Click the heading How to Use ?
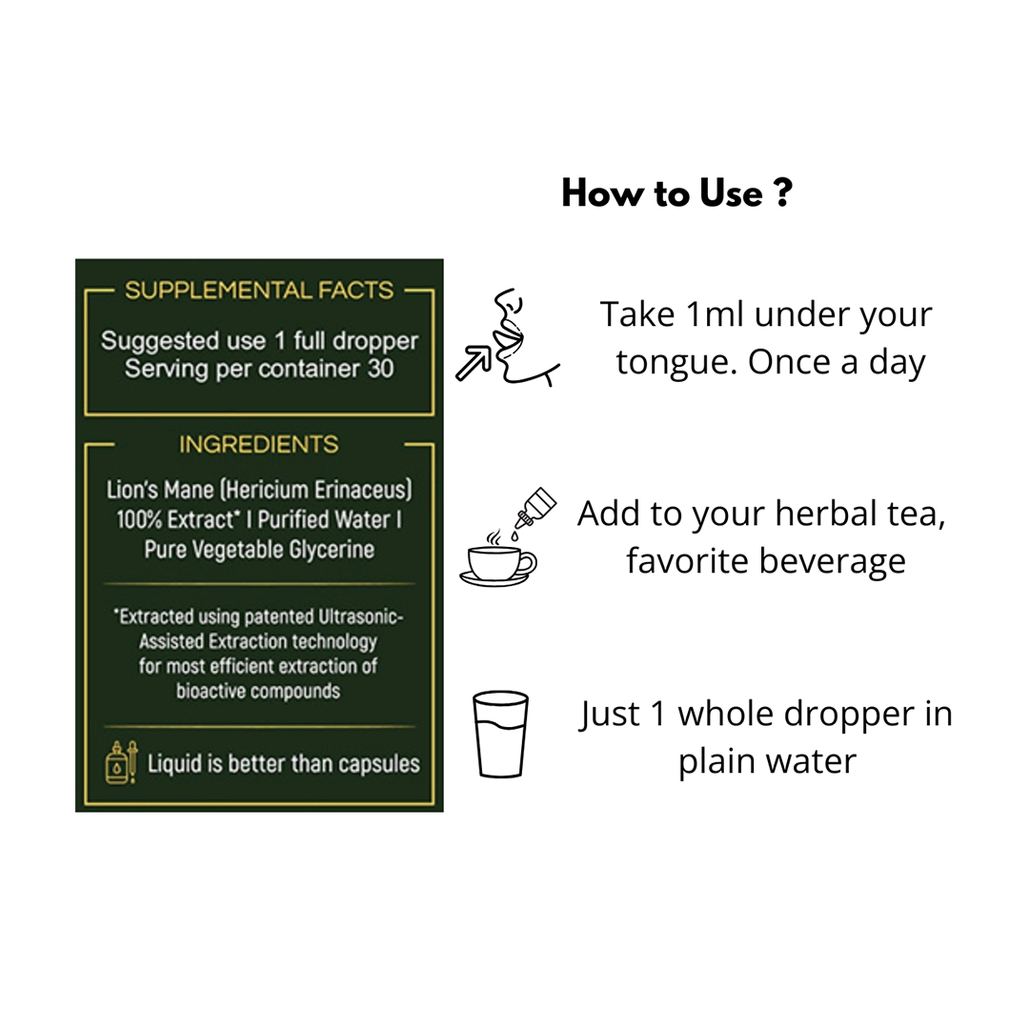(676, 193)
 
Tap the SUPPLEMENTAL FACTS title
(259, 290)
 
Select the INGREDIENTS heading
(259, 444)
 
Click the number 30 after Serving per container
(380, 369)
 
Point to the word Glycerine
(332, 550)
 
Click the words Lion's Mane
(160, 490)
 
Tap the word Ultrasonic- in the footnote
(361, 616)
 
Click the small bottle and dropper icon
(121, 762)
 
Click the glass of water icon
(501, 735)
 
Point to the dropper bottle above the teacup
(535, 509)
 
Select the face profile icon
(525, 337)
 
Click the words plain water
(767, 761)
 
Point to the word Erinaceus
(363, 490)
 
